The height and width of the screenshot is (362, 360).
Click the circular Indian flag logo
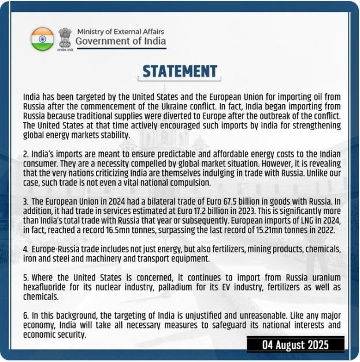click(42, 38)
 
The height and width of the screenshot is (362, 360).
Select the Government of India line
click(120, 41)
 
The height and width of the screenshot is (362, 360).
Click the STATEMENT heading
click(180, 71)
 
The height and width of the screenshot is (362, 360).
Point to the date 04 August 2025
click(295, 345)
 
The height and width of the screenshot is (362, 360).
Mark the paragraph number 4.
click(25, 249)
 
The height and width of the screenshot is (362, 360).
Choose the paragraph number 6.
click(25, 316)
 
